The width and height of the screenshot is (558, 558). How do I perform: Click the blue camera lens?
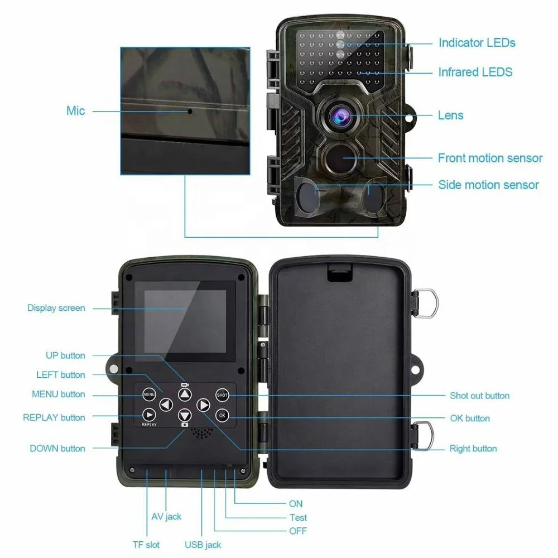pos(341,116)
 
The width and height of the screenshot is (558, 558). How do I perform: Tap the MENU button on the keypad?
pos(149,395)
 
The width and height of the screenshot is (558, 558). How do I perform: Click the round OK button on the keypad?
pos(222,415)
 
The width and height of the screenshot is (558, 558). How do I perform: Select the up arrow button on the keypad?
pos(185,394)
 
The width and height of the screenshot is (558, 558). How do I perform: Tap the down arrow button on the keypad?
pos(185,415)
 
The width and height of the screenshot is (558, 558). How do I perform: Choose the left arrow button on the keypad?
pos(166,405)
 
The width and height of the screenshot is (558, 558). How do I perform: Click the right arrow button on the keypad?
pos(204,405)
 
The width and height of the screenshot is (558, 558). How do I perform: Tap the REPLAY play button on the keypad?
pos(149,415)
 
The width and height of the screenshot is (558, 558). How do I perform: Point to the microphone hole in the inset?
pos(190,112)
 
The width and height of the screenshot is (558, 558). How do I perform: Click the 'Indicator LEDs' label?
pos(477,43)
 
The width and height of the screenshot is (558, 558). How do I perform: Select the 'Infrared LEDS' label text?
pos(475,72)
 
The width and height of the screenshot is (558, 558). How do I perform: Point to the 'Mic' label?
pos(75,110)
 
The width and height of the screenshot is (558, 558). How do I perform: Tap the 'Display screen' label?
pos(56,308)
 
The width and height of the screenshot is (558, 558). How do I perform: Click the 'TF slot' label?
pos(146,545)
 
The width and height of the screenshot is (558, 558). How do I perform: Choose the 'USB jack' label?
pos(203,545)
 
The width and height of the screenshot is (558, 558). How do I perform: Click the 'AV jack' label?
pos(166,517)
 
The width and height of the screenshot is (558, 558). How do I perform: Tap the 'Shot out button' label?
pos(479,396)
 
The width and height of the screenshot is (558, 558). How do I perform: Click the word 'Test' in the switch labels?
pos(298,517)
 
